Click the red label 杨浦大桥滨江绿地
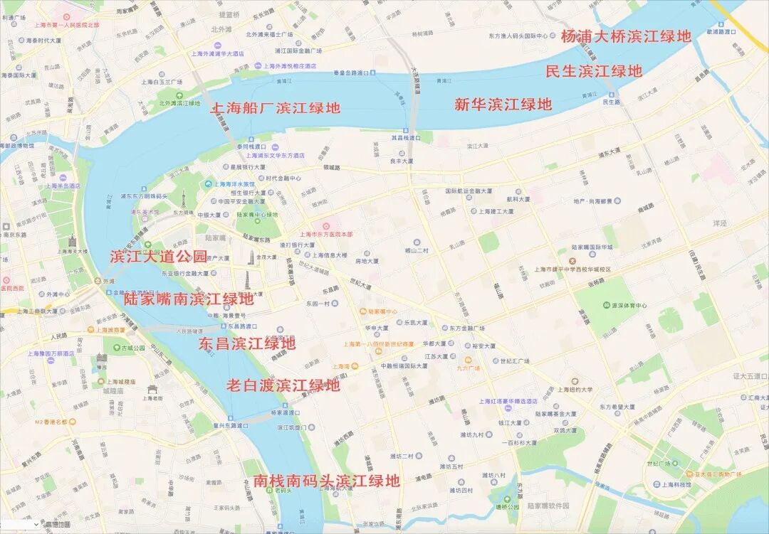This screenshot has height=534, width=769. tap(626, 36)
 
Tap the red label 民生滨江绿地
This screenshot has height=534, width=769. tap(594, 71)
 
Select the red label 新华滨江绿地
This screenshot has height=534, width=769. tap(503, 105)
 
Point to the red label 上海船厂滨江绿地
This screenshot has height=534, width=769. tap(275, 108)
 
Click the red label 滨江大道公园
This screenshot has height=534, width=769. tap(159, 257)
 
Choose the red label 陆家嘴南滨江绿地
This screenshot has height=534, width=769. tap(188, 299)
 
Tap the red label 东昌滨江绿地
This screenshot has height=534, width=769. tap(246, 344)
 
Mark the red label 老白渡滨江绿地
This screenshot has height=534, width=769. tap(283, 385)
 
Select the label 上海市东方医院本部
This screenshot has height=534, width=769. tap(325, 234)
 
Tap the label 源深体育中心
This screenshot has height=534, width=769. tap(627, 306)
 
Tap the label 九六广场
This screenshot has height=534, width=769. tap(469, 368)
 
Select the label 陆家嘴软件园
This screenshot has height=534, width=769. tap(548, 506)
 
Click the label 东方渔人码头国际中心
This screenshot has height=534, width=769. tap(518, 36)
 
